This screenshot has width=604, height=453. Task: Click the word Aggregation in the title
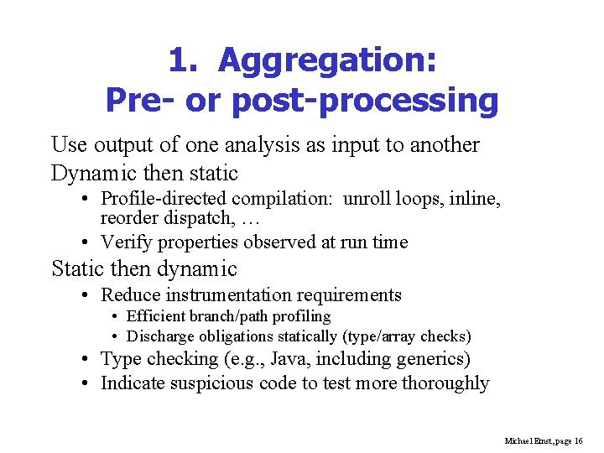pos(326,61)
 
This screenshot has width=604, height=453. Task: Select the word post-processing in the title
pos(364,101)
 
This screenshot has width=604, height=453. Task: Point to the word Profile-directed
pos(164,199)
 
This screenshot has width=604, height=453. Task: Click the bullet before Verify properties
pos(88,242)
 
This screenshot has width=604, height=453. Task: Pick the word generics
pos(432,359)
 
